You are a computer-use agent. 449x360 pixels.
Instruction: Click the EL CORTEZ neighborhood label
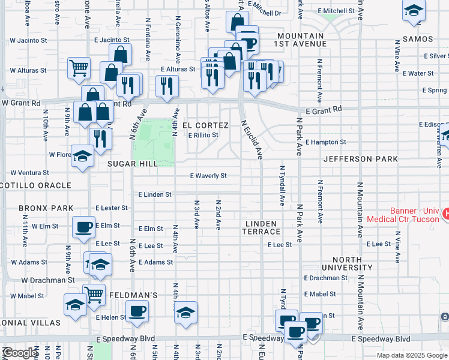[206, 125]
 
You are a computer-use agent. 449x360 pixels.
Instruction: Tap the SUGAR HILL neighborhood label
[133, 163]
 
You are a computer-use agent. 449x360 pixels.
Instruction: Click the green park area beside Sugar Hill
[153, 141]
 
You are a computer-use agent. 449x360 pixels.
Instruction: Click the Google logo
[20, 353]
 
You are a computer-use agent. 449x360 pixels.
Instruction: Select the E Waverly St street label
[208, 176]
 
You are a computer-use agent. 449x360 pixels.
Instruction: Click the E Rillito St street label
[203, 135]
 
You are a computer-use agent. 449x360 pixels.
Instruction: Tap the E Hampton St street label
[325, 142]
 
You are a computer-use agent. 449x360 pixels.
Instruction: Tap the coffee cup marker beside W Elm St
[83, 226]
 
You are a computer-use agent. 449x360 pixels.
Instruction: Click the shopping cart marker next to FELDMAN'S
[94, 294]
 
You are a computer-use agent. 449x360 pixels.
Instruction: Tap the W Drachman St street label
[47, 280]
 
